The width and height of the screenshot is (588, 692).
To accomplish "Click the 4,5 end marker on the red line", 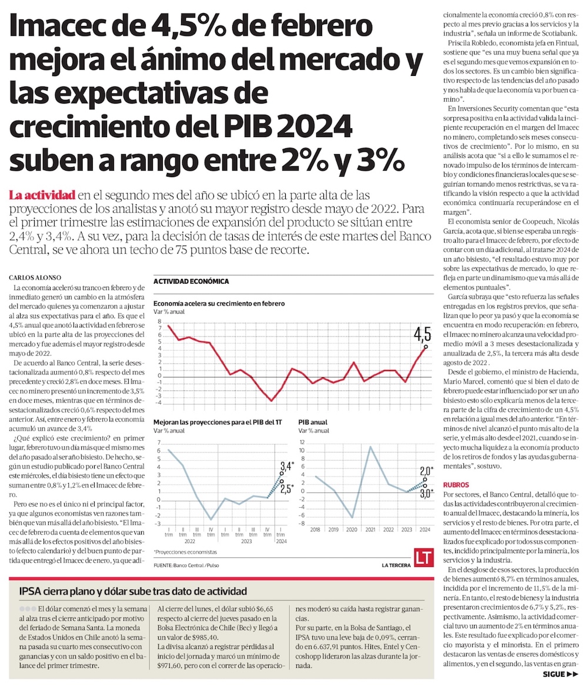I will [x=425, y=347].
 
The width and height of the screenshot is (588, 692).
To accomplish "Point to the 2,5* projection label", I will [x=287, y=488].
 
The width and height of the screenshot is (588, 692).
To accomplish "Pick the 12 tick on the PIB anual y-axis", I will [x=302, y=441].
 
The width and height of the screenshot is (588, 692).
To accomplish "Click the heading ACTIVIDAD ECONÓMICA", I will [x=191, y=281].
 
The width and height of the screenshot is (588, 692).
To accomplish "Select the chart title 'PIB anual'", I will [x=313, y=422].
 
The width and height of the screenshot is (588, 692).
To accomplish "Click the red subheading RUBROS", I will [x=456, y=484].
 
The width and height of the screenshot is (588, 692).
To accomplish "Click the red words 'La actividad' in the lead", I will [x=42, y=195].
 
